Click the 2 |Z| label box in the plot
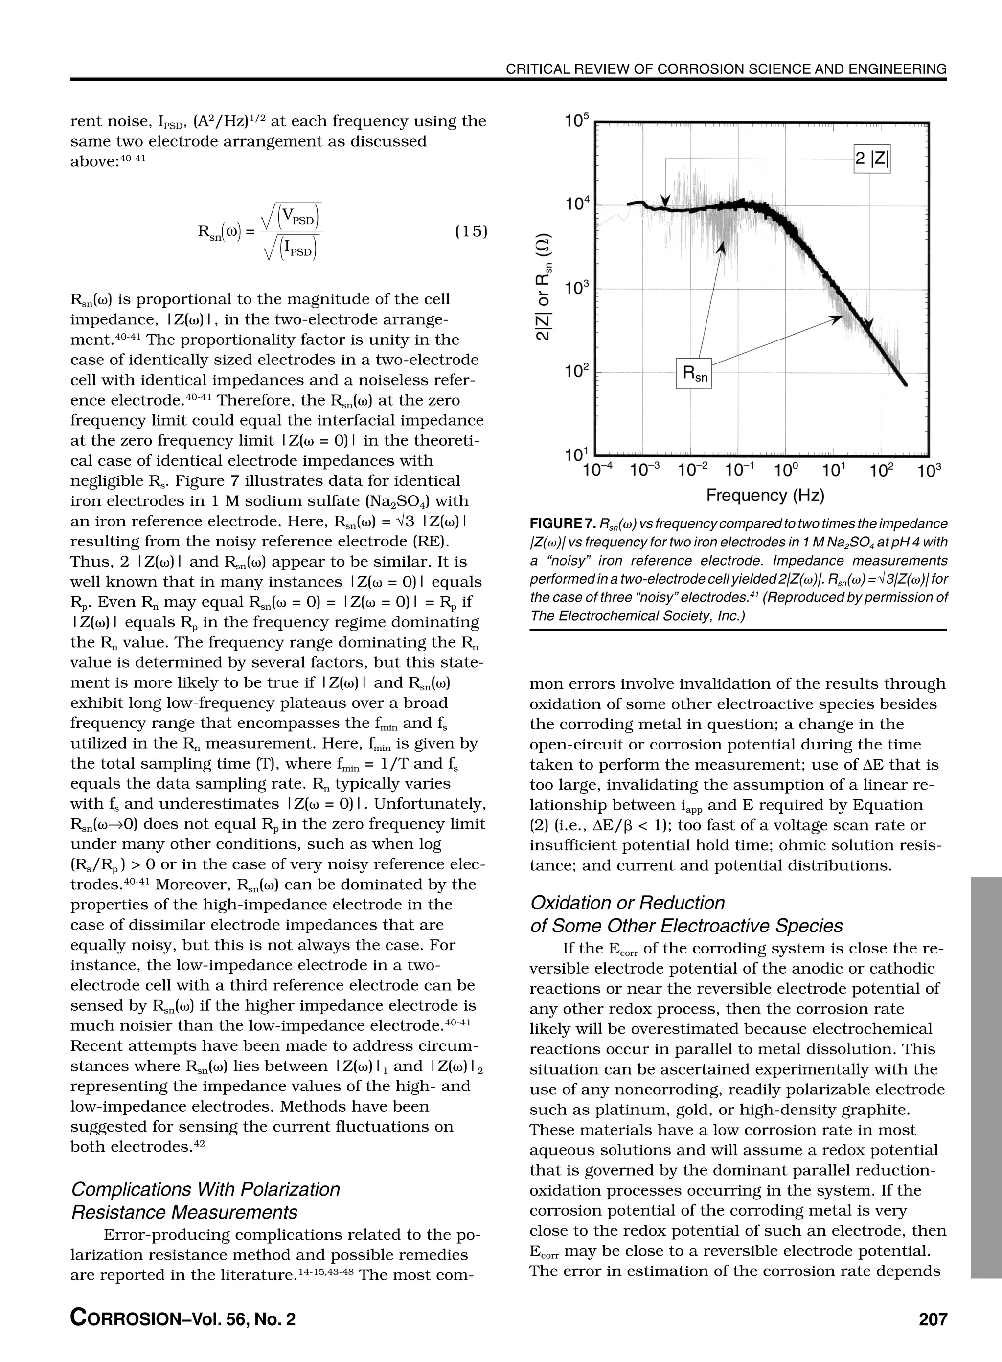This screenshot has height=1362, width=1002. [871, 159]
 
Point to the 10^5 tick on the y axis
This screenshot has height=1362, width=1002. [576, 121]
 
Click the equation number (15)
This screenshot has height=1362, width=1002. [471, 231]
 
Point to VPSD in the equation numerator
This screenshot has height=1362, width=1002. [298, 218]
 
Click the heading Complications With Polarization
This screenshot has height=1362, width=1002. [205, 1189]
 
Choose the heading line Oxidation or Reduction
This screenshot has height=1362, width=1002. [627, 902]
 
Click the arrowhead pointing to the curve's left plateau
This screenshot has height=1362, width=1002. [665, 202]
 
